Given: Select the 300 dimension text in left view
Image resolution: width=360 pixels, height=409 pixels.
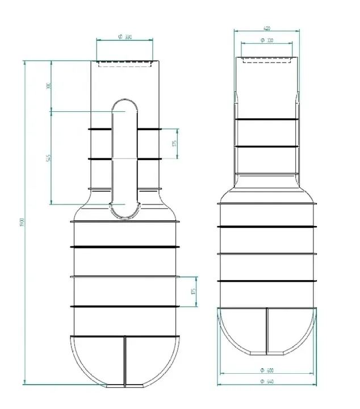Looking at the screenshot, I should click(49, 86).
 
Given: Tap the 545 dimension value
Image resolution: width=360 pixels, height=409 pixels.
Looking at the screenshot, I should click(49, 157).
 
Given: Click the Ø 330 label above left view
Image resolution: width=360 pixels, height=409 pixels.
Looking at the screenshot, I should click(124, 36).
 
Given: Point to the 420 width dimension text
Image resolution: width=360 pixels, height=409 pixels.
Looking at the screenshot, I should click(266, 27).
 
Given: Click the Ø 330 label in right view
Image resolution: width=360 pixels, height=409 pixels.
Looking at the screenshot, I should click(266, 40).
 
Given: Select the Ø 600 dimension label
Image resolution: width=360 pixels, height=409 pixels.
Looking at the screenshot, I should click(266, 370).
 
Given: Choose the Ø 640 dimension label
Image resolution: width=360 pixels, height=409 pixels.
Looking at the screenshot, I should click(266, 381).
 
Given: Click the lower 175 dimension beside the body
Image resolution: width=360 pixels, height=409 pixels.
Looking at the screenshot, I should click(194, 291).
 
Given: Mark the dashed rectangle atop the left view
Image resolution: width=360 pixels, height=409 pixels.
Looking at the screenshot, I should click(124, 64).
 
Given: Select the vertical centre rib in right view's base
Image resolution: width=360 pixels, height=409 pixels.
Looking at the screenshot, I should click(266, 332).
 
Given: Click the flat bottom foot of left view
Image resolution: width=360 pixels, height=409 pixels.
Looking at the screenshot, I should click(124, 386).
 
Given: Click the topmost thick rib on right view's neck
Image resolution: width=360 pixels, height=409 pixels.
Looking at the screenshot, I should click(266, 119).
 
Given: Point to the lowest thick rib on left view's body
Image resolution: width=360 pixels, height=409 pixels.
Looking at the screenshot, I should click(124, 307).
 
